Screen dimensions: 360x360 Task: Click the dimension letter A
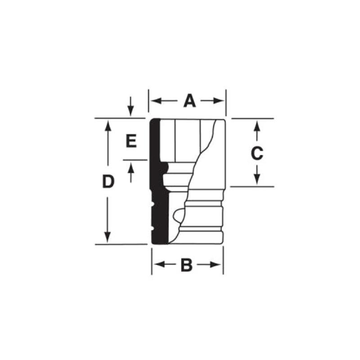pos(190,101)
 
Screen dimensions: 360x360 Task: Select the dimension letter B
pos(186,265)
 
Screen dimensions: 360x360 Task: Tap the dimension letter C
pos(256,154)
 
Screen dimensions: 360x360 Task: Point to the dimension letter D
pos(108,182)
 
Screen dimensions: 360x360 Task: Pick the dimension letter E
pos(130,142)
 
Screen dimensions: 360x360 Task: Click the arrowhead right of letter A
pos(220,101)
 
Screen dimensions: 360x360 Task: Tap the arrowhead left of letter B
pos(157,265)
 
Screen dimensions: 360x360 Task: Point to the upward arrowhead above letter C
pos(256,124)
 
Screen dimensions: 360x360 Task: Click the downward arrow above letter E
pos(130,110)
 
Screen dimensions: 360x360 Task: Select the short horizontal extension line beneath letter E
pos(135,160)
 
